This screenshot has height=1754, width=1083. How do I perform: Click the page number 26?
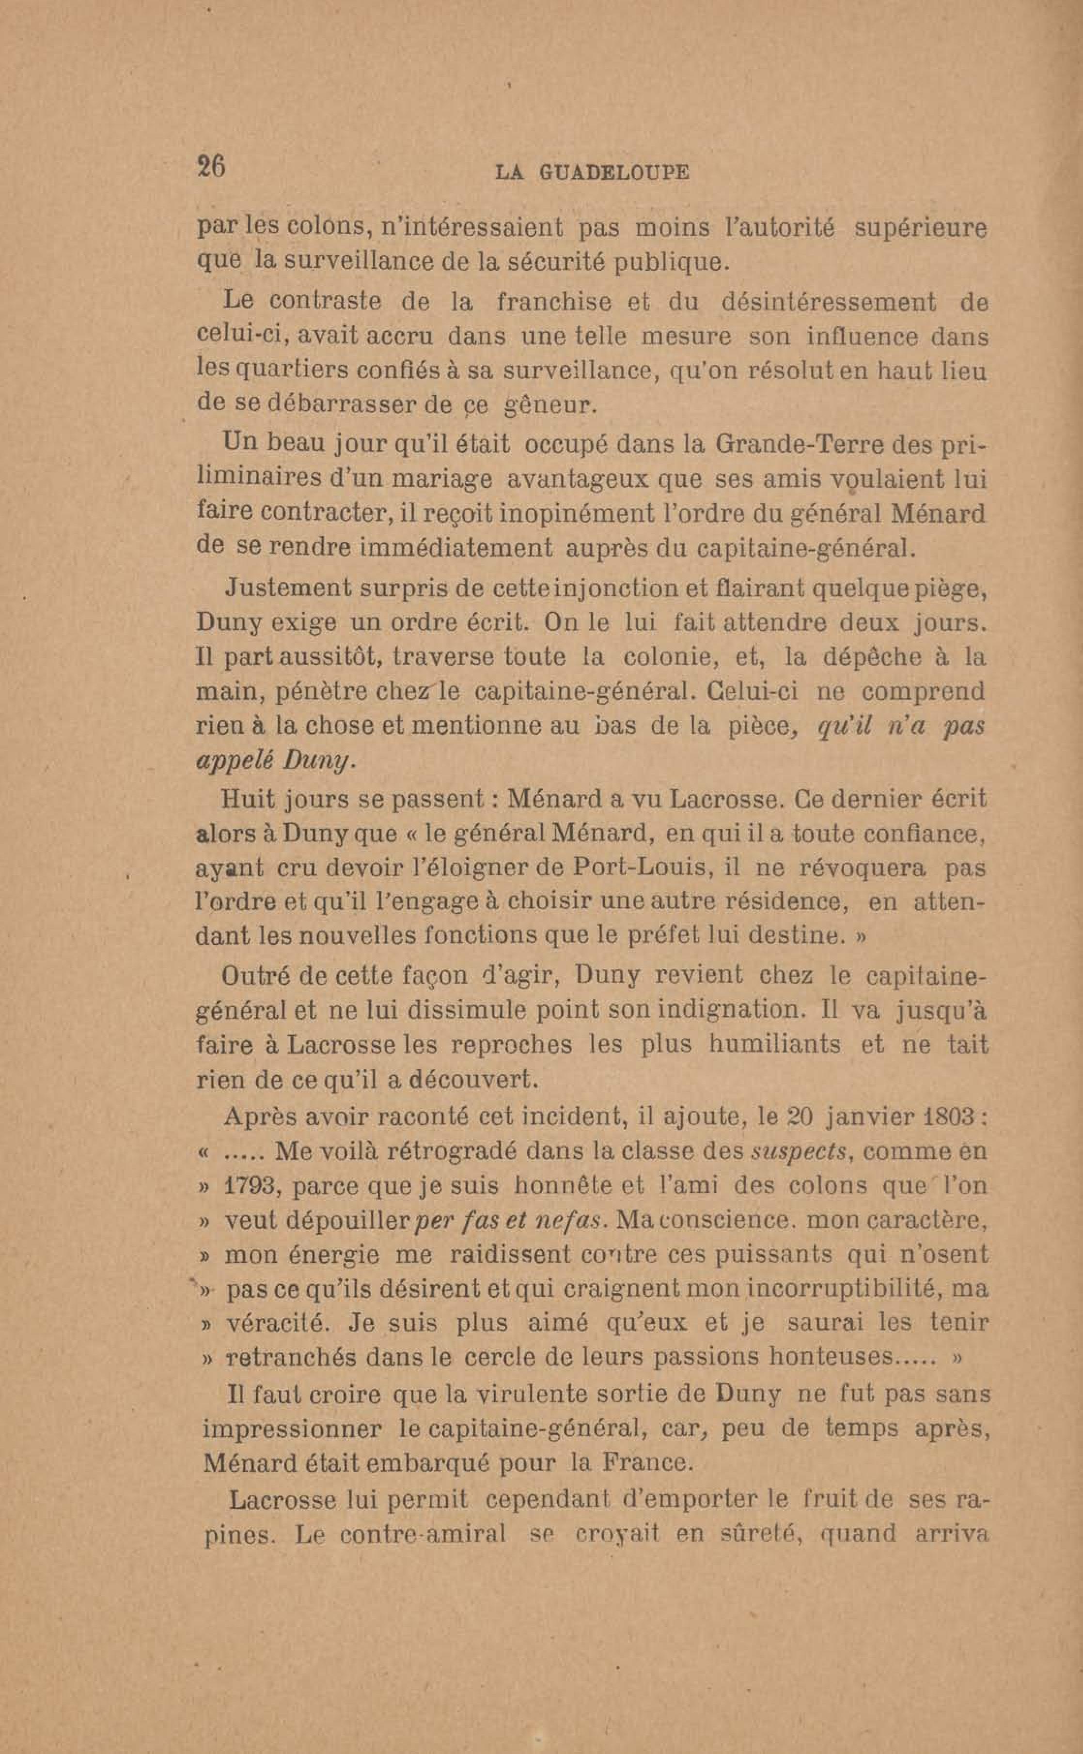pyautogui.click(x=211, y=166)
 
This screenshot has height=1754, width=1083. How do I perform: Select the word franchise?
pyautogui.click(x=554, y=302)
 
